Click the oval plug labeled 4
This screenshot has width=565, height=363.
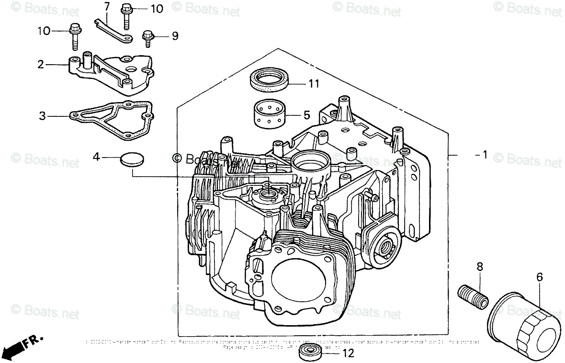[x=131, y=159]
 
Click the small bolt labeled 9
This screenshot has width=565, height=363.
[x=148, y=37]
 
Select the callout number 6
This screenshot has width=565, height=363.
[x=539, y=276]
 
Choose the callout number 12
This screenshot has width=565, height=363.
[x=348, y=354]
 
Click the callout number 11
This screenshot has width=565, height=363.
[x=314, y=84]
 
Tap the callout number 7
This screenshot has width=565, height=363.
[x=106, y=6]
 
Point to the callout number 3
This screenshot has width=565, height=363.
[x=43, y=115]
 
